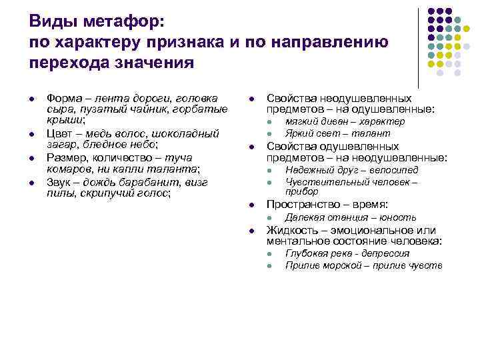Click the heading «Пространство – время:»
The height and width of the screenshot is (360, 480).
pyautogui.click(x=327, y=205)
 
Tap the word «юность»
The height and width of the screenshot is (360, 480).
pyautogui.click(x=397, y=217)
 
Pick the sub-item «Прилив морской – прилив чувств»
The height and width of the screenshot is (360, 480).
pyautogui.click(x=363, y=265)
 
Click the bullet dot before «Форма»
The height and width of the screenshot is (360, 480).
pyautogui.click(x=32, y=99)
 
